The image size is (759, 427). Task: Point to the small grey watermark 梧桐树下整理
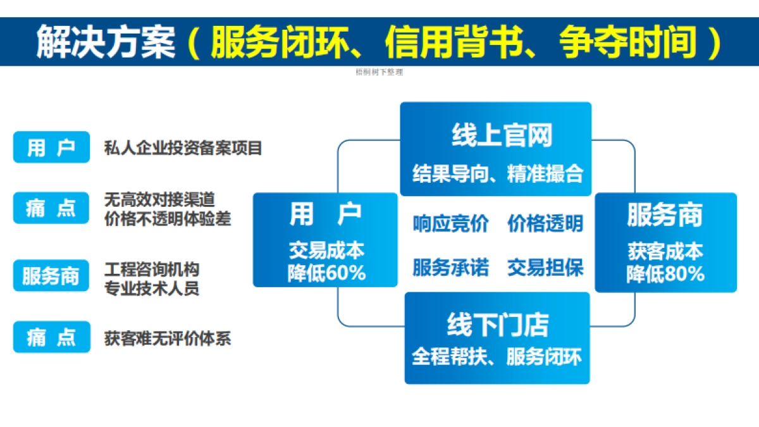(x=379, y=72)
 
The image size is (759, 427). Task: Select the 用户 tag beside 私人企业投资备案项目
(x=51, y=148)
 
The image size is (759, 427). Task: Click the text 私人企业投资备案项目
(x=183, y=149)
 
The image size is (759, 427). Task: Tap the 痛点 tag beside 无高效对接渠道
(x=51, y=208)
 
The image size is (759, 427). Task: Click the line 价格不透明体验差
(x=168, y=218)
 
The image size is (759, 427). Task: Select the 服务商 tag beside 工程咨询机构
(x=51, y=276)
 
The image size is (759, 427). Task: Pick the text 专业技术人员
(x=152, y=288)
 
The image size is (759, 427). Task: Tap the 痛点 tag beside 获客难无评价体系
(x=51, y=337)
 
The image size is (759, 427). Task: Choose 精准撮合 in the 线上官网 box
(x=545, y=173)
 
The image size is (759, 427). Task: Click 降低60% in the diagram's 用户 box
(x=326, y=273)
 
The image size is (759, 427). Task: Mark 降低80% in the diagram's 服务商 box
(x=665, y=273)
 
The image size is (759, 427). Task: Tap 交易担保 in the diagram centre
(x=545, y=267)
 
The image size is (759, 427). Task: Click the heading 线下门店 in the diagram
(x=497, y=325)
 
